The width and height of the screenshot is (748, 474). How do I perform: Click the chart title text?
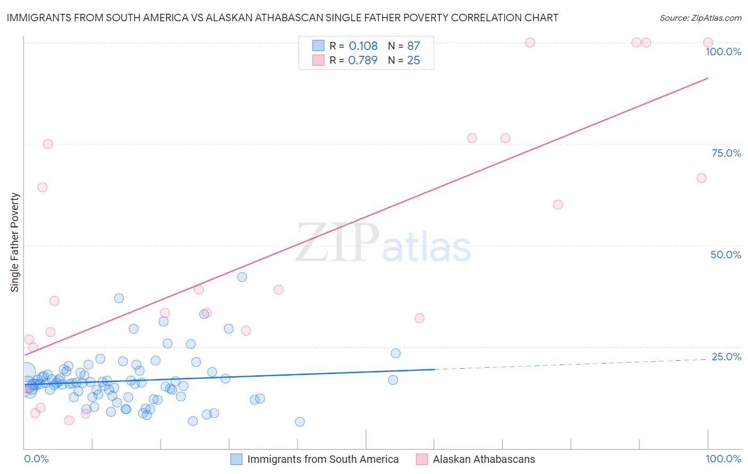(282, 18)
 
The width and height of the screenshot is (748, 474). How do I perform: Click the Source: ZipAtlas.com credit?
(700, 18)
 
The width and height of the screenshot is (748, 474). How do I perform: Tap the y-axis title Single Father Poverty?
(15, 242)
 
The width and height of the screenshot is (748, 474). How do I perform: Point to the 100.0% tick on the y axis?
(723, 52)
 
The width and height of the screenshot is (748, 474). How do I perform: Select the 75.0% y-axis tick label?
(726, 153)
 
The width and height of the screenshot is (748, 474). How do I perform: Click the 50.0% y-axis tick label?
(726, 255)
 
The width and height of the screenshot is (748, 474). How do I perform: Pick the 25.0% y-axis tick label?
(726, 356)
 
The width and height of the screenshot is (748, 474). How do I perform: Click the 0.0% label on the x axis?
(36, 459)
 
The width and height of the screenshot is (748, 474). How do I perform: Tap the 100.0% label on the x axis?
(723, 459)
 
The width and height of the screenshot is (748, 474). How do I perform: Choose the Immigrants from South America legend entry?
(322, 459)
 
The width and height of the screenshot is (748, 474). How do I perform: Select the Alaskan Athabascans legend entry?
(484, 459)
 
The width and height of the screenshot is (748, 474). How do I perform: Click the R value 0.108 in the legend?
(363, 46)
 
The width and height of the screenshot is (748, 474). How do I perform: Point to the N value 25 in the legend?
(413, 61)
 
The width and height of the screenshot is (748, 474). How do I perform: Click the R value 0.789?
(362, 61)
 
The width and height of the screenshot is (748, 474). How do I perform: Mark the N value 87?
(413, 46)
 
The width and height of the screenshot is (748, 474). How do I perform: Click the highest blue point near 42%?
(242, 277)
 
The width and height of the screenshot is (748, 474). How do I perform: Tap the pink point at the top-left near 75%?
(48, 144)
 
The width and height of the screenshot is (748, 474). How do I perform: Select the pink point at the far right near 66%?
(702, 178)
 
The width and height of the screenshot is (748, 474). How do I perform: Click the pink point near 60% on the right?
(558, 205)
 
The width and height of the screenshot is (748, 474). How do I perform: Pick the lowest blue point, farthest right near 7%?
(300, 422)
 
